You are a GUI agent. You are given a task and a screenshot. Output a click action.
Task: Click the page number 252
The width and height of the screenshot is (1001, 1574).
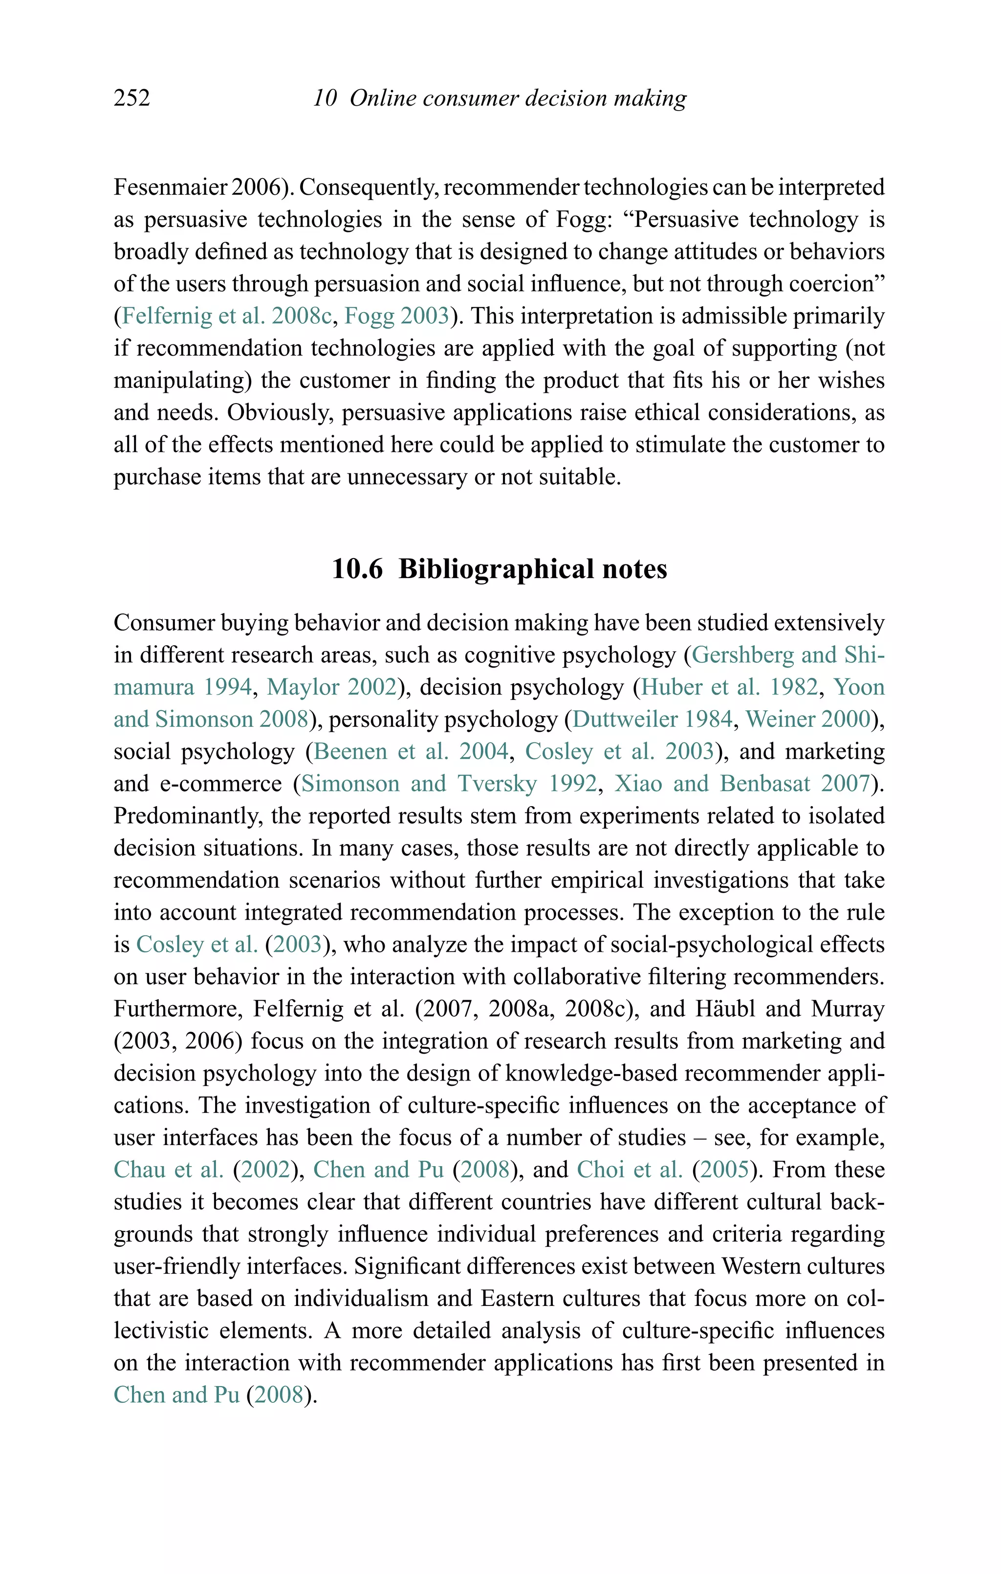tap(132, 97)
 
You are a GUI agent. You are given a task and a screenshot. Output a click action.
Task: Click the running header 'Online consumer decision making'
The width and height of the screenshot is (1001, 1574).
tap(518, 97)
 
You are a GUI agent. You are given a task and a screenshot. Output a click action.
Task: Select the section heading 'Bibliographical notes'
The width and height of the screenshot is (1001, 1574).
tap(533, 569)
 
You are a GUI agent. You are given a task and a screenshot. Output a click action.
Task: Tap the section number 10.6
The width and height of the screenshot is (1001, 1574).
tap(357, 569)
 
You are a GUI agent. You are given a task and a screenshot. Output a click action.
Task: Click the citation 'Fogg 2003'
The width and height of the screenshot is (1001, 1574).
tap(396, 315)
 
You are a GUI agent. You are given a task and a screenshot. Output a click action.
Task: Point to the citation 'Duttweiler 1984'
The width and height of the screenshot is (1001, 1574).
tap(652, 719)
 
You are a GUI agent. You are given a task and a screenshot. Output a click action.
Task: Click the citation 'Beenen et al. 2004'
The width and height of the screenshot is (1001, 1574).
tap(411, 751)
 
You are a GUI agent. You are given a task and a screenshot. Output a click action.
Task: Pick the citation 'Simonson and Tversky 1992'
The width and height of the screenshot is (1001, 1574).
tap(448, 783)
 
